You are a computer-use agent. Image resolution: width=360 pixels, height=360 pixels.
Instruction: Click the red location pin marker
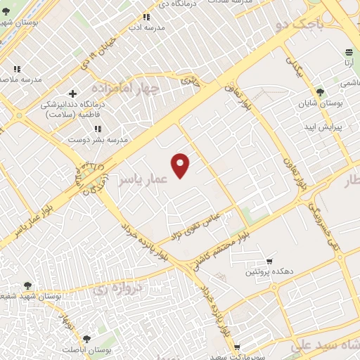point(181,165)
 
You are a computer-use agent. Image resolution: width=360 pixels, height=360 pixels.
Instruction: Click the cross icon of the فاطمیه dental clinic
point(72,93)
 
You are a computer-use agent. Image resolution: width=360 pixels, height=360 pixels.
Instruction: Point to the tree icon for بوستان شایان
point(320,91)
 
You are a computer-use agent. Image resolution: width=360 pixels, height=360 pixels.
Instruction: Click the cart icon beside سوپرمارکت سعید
point(237,347)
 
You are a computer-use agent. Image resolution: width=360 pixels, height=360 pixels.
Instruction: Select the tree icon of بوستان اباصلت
point(86,338)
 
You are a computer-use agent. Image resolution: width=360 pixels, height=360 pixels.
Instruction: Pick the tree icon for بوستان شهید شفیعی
point(27,285)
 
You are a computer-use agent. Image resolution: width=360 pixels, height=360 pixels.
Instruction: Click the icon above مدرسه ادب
point(146,17)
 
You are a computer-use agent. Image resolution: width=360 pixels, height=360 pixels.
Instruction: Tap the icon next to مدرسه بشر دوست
point(98,129)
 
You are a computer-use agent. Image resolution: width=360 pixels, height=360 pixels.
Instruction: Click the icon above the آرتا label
point(349,52)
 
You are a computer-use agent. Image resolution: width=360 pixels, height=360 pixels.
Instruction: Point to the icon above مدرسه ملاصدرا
point(17,69)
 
